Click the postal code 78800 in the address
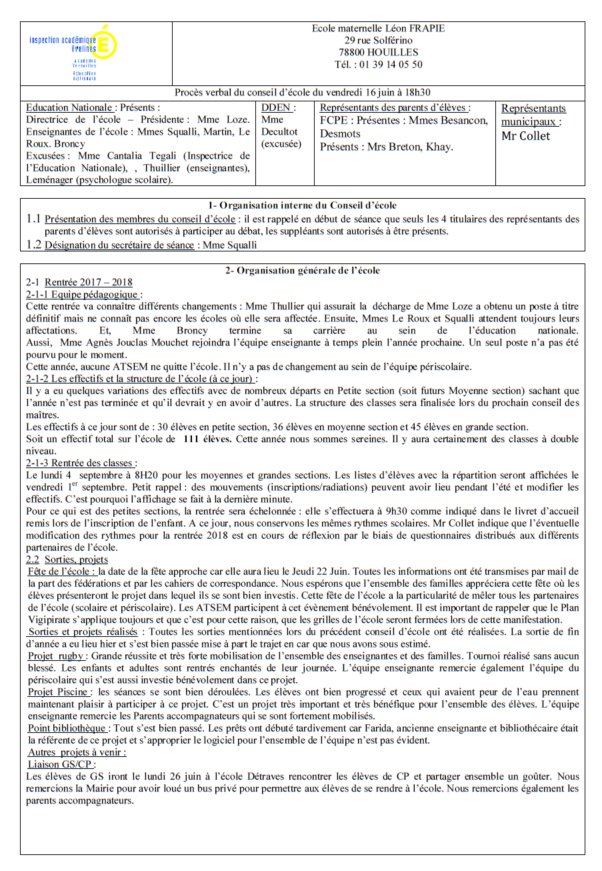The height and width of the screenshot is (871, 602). [353, 53]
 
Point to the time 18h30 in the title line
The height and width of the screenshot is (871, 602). [417, 93]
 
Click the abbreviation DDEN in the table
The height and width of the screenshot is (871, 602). [277, 107]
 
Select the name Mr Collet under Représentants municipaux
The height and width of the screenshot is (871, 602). [526, 136]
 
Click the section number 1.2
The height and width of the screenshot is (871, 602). [33, 245]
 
